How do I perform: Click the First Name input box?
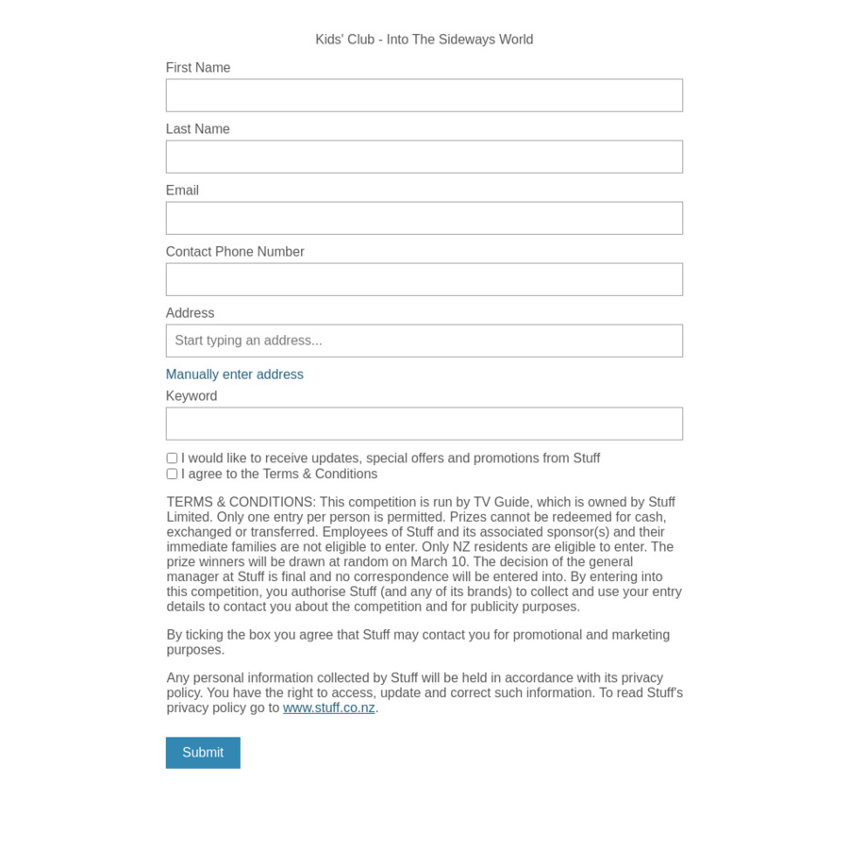tap(424, 95)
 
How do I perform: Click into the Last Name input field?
tap(424, 157)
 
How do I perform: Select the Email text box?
tap(424, 218)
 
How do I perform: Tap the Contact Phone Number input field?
tap(424, 279)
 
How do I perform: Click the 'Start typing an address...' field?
tap(424, 341)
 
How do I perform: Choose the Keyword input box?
tap(424, 424)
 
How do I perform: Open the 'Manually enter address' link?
tap(235, 375)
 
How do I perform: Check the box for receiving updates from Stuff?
tap(172, 458)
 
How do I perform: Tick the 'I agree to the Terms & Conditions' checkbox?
tap(172, 474)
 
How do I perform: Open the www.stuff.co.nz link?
tap(329, 707)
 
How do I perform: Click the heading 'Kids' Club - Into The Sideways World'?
tap(424, 40)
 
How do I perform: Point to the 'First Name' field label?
tap(198, 68)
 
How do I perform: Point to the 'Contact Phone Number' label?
tap(235, 252)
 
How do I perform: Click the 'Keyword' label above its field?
tap(191, 396)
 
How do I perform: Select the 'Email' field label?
tap(182, 191)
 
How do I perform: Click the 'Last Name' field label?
tap(198, 129)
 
